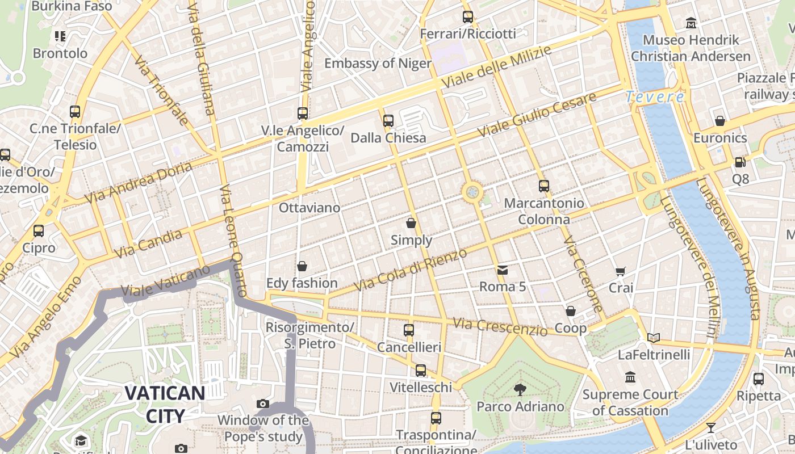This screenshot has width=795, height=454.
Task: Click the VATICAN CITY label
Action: [165, 404]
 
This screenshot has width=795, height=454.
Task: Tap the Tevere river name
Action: [655, 97]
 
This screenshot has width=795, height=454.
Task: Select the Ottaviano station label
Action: [309, 208]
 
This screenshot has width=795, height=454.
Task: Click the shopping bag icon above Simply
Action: [411, 223]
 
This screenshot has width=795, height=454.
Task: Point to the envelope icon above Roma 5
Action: [503, 270]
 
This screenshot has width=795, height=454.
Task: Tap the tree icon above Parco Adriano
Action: [520, 389]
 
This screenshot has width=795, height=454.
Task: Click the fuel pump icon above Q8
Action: [740, 162]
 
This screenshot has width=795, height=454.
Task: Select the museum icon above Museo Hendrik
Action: [691, 23]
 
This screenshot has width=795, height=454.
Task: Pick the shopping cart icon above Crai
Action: [621, 271]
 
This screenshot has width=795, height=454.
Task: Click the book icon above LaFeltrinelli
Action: [654, 338]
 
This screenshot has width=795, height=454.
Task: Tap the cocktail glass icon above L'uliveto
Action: [710, 427]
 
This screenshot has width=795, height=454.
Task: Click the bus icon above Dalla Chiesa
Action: [388, 120]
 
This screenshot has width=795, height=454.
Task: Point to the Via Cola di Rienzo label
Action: [410, 270]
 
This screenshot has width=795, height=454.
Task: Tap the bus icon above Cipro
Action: [39, 231]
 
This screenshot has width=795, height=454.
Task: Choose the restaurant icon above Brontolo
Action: [60, 37]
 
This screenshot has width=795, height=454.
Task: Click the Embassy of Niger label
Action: [378, 63]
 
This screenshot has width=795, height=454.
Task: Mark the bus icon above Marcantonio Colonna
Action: [544, 186]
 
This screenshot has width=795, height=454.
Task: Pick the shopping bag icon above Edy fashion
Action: [302, 266]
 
